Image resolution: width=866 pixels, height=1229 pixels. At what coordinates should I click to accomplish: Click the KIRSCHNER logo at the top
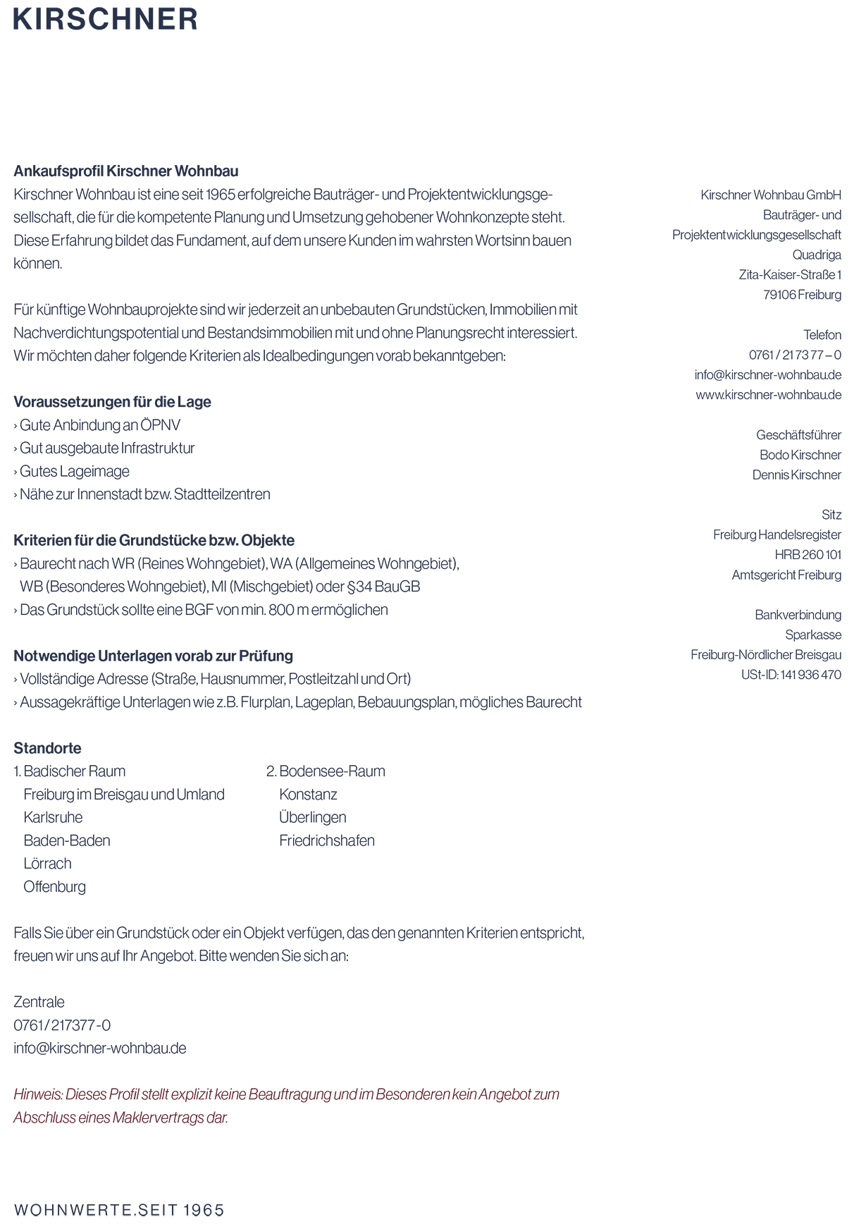coord(106,19)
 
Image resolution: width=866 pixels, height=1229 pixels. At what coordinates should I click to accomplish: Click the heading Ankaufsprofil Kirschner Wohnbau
coord(126,171)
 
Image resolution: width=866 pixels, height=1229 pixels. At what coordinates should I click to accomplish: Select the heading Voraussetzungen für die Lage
coord(112,402)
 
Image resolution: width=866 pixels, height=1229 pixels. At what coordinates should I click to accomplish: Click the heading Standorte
coord(47,748)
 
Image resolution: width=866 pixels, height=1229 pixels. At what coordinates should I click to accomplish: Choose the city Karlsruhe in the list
coord(53,817)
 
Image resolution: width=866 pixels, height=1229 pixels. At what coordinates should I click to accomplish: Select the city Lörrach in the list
coord(47,864)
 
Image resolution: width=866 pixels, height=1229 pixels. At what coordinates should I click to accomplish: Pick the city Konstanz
coord(308,795)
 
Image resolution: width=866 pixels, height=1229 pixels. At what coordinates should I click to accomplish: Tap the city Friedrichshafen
coord(327,840)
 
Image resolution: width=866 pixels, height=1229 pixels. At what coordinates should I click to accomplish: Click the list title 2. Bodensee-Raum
coord(326,771)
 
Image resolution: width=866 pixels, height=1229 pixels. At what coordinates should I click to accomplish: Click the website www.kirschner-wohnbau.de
coord(768,395)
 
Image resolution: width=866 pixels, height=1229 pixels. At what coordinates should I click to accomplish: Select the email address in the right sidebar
coord(767,375)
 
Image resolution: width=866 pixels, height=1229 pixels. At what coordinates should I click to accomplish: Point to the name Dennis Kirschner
coord(796,475)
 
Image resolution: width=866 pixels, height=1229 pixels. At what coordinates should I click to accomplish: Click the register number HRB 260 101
coord(808,555)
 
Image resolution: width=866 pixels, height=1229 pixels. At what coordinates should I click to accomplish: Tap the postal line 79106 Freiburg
coord(802,295)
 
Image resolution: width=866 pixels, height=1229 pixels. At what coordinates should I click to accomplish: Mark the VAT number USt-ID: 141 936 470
coord(791,675)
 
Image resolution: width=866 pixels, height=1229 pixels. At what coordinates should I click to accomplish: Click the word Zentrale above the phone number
coord(39,1002)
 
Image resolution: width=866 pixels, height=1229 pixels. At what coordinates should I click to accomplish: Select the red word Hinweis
coord(37,1094)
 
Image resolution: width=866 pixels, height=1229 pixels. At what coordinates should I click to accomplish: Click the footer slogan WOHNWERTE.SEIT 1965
coord(118,1211)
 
